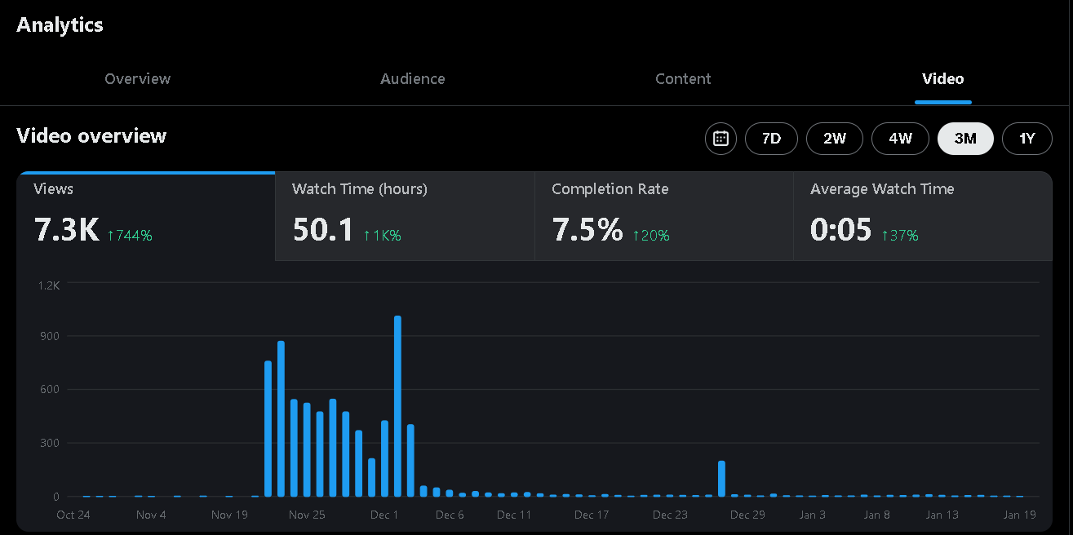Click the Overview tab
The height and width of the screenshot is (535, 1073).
[x=138, y=79]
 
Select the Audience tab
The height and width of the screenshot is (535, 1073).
[x=413, y=79]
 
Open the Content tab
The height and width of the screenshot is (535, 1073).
[x=683, y=79]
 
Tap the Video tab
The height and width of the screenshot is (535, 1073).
[x=942, y=79]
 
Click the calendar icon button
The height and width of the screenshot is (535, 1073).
[x=721, y=139]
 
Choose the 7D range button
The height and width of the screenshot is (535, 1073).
[x=771, y=139]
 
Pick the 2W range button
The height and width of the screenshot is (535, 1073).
[x=834, y=139]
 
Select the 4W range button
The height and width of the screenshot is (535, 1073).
[x=900, y=139]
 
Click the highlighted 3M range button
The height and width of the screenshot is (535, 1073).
[x=965, y=139]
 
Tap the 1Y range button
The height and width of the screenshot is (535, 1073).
[x=1026, y=139]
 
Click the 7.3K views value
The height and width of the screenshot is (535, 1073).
[x=66, y=231]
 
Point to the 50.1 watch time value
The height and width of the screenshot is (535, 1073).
[x=323, y=231]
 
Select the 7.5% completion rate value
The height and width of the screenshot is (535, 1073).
[x=587, y=231]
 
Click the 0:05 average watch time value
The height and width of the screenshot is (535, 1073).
[x=840, y=231]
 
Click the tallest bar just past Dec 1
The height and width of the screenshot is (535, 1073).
[x=397, y=406]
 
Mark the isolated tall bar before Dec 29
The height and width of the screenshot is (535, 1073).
[x=721, y=479]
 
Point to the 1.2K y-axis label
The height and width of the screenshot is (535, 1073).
[x=49, y=285]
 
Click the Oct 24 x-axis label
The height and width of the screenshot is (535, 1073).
[x=73, y=515]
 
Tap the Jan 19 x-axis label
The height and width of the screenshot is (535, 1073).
[x=1019, y=515]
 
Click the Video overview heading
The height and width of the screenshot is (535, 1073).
[x=91, y=136]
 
